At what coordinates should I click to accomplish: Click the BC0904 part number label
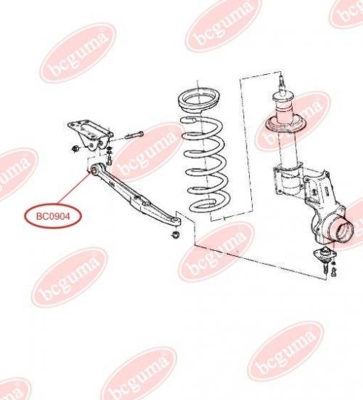point(53,217)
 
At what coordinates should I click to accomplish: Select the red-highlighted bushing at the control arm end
point(94,169)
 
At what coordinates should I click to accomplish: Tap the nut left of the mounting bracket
point(76,148)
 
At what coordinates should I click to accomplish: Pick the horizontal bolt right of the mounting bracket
point(134,135)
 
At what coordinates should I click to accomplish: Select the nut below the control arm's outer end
point(175,234)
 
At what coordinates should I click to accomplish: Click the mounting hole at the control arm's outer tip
point(176,220)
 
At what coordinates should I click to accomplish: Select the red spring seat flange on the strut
point(286,124)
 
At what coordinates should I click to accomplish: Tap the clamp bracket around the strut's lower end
point(287,179)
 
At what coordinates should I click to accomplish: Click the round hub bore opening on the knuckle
point(344,230)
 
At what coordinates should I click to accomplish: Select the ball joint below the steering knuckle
point(325,253)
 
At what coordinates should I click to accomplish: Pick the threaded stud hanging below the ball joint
point(326,268)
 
